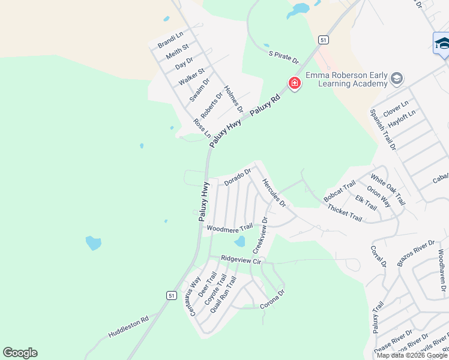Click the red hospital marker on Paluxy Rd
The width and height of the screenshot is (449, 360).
(x=294, y=83)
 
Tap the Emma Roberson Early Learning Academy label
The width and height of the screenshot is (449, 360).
(x=346, y=79)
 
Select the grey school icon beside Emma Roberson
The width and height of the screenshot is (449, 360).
(x=396, y=79)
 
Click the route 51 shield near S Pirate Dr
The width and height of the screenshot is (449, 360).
(x=324, y=40)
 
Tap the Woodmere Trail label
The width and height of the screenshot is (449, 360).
(x=229, y=228)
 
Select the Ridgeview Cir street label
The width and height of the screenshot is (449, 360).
(x=242, y=260)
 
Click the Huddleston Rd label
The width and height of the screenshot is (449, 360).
(x=128, y=326)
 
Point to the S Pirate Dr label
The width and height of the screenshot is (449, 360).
(x=283, y=57)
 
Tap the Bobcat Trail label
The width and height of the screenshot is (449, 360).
(x=340, y=190)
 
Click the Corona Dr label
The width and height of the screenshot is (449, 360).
(x=272, y=298)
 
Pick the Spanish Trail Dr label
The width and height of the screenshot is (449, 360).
(x=383, y=130)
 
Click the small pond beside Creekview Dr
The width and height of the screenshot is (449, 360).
(x=240, y=241)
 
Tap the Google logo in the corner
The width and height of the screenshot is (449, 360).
(x=20, y=353)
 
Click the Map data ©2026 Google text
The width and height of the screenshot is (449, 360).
(x=411, y=355)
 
